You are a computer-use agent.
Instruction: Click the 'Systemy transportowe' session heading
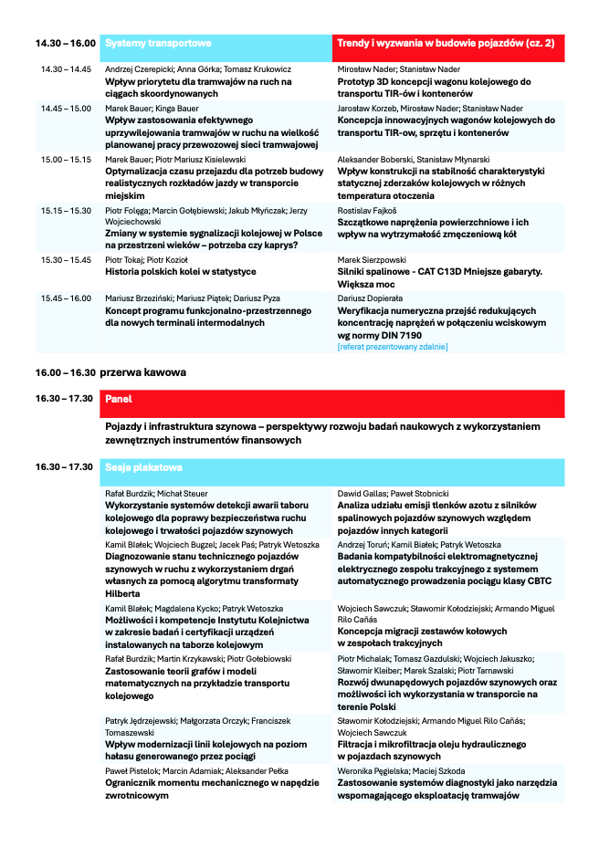(159, 44)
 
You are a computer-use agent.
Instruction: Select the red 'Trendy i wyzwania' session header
(446, 44)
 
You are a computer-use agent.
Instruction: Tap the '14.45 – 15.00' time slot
(66, 109)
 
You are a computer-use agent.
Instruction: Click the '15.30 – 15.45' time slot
(66, 260)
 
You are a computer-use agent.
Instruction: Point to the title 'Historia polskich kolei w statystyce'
(181, 271)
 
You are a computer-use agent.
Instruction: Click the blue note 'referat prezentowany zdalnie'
(393, 347)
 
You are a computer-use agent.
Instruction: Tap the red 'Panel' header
(120, 399)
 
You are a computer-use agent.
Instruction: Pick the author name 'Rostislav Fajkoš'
(368, 211)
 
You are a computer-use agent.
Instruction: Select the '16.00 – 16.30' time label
(66, 372)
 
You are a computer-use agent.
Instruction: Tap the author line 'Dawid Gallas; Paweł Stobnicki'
(394, 494)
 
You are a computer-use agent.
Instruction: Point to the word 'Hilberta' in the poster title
(123, 593)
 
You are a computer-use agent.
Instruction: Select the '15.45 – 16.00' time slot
(66, 298)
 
